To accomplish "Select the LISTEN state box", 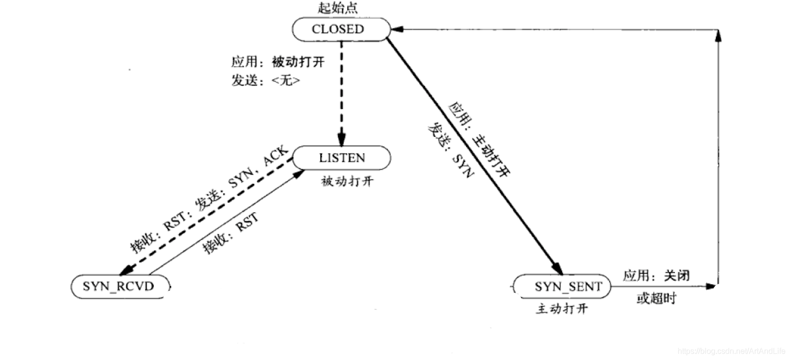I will [342, 158].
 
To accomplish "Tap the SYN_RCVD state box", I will [120, 286].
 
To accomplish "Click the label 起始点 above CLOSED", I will [338, 8].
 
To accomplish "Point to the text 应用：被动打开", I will [278, 62].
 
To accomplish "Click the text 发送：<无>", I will [265, 80].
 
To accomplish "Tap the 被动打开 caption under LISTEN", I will [347, 181].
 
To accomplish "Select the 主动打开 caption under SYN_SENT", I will [562, 309].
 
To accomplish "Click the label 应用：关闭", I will [656, 276].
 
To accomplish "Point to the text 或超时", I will [656, 298].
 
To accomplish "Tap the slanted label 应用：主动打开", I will [479, 140].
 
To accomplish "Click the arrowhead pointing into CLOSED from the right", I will [396, 29].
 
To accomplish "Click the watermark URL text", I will [732, 351].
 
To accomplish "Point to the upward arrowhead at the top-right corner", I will [718, 35].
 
